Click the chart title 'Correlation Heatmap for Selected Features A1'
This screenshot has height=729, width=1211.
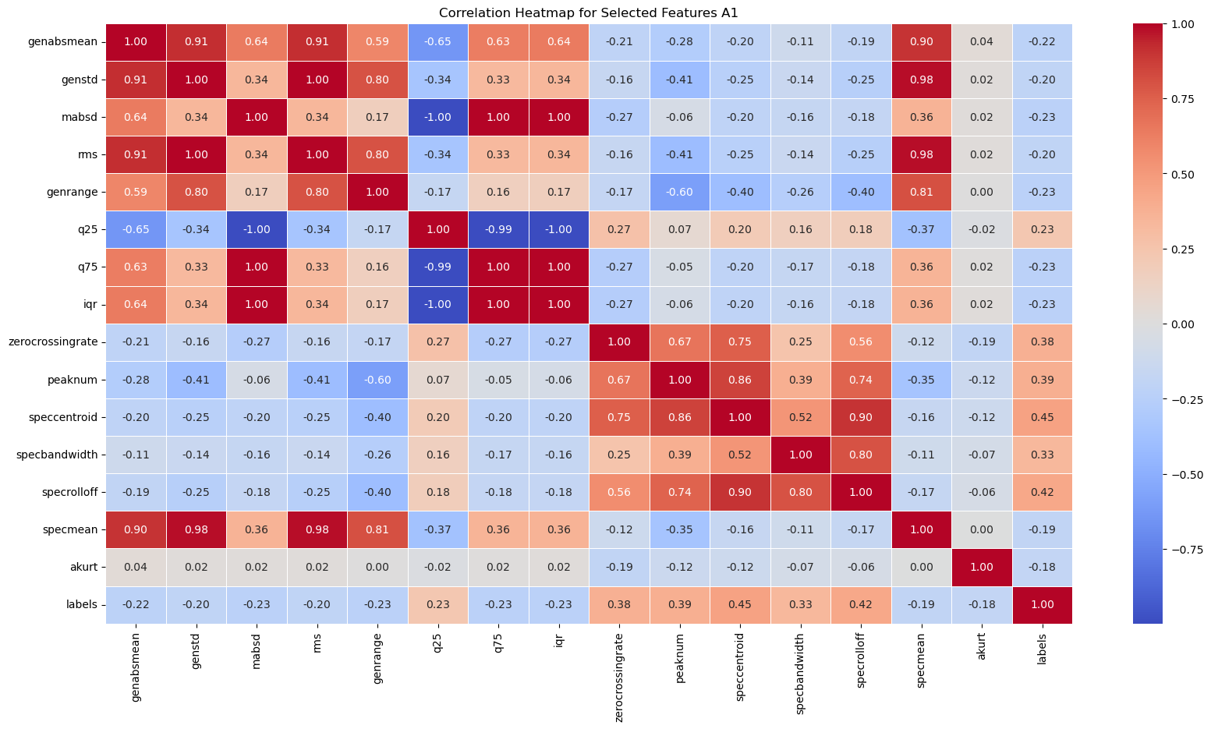pyautogui.click(x=589, y=12)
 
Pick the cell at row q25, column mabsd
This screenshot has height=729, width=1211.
pyautogui.click(x=257, y=229)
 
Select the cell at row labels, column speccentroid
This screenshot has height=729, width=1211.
pyautogui.click(x=740, y=604)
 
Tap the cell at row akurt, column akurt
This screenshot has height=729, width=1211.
pyautogui.click(x=982, y=567)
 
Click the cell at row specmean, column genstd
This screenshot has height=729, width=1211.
pyautogui.click(x=196, y=529)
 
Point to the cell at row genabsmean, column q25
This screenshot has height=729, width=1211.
pyautogui.click(x=438, y=42)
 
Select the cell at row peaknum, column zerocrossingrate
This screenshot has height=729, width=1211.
pyautogui.click(x=619, y=380)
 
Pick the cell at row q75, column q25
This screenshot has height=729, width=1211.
pyautogui.click(x=438, y=267)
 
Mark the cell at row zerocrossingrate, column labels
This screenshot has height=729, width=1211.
pyautogui.click(x=1042, y=342)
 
